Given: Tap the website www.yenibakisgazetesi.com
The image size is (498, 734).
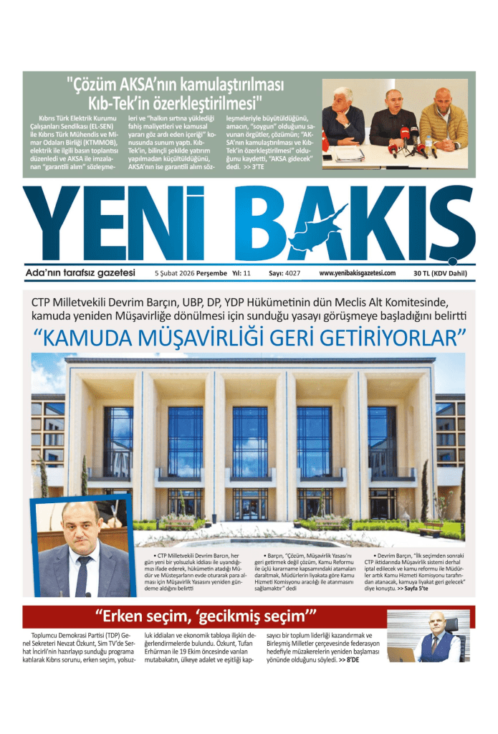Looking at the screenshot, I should pos(357,273).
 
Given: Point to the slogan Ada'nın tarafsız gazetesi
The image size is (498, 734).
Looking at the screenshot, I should pos(80,272).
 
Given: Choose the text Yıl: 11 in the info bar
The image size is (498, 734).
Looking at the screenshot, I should pos(241,273).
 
